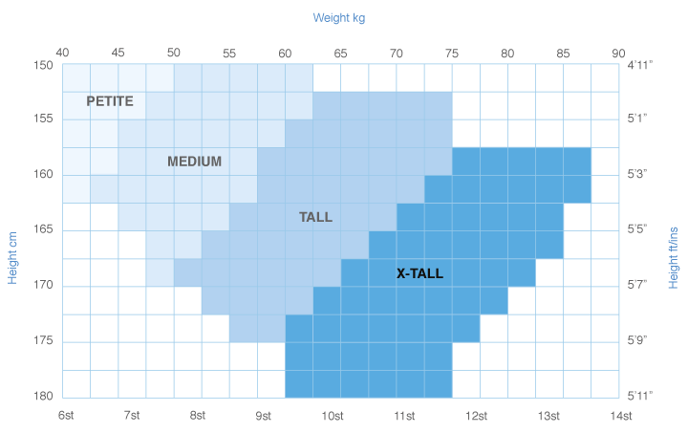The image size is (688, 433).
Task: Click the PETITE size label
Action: (x=110, y=100)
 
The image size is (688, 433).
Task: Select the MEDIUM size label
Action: (x=194, y=162)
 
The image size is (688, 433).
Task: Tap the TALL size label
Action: (x=315, y=217)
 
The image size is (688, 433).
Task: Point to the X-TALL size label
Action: (x=419, y=273)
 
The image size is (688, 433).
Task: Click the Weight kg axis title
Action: (x=339, y=17)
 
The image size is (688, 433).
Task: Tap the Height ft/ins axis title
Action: (x=674, y=252)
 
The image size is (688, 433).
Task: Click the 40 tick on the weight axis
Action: (x=63, y=53)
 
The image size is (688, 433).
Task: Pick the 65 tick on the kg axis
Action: (x=341, y=53)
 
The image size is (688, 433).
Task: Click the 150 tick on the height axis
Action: (x=44, y=65)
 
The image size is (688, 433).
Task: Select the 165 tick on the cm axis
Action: (x=44, y=230)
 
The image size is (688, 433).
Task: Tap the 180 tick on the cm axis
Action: (x=44, y=397)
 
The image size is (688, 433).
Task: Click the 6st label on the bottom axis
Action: (x=65, y=415)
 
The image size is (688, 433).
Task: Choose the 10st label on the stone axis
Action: (x=333, y=415)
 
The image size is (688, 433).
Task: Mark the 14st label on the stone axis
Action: (x=621, y=415)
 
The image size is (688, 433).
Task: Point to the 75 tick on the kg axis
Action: (x=452, y=53)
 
